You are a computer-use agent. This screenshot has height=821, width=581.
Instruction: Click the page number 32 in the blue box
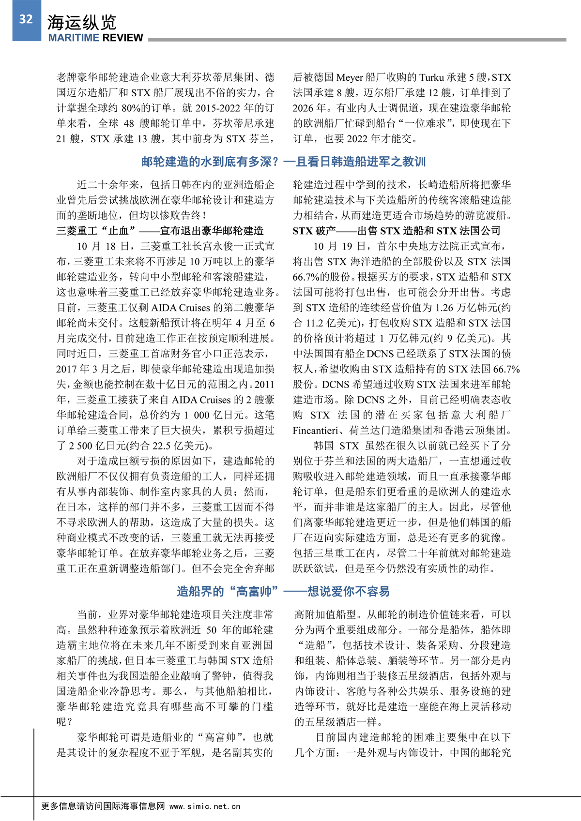26,19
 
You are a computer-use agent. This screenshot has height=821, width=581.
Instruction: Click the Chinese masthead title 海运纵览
82,22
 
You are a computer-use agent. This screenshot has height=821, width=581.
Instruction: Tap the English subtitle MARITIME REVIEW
95,38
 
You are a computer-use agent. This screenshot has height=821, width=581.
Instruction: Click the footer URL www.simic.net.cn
205,806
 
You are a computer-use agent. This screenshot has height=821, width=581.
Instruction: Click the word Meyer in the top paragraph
350,77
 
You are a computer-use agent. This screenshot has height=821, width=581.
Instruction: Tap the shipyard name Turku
431,77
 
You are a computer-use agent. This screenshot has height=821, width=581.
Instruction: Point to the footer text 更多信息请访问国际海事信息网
103,806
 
